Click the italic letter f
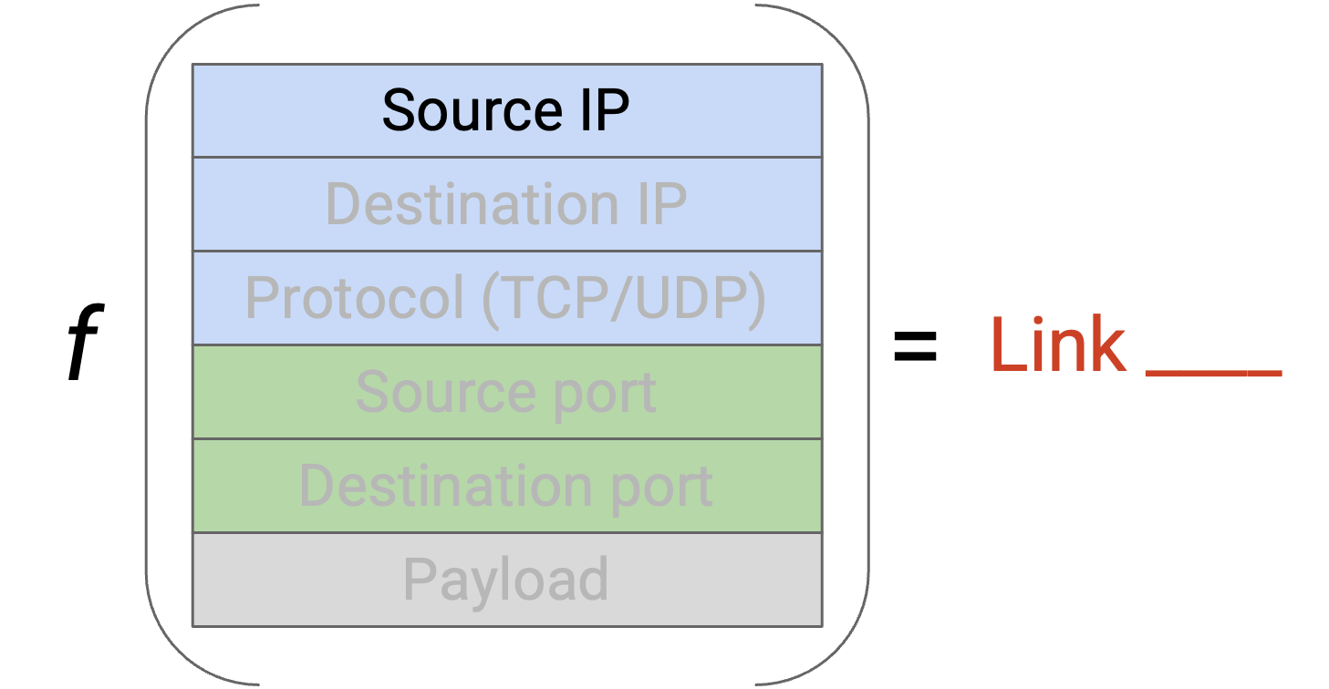click(x=86, y=341)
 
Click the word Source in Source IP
click(x=472, y=110)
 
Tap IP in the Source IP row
click(x=605, y=110)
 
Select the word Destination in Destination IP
click(x=472, y=204)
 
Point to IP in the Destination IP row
click(x=662, y=204)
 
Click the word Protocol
click(x=354, y=297)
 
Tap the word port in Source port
click(x=605, y=396)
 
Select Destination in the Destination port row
click(x=445, y=486)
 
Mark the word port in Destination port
click(x=661, y=489)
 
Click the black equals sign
click(x=915, y=346)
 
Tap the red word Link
click(x=1058, y=344)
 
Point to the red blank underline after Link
click(x=1214, y=373)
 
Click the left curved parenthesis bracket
click(x=147, y=344)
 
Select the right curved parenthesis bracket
click(x=868, y=344)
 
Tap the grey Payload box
click(x=507, y=580)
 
